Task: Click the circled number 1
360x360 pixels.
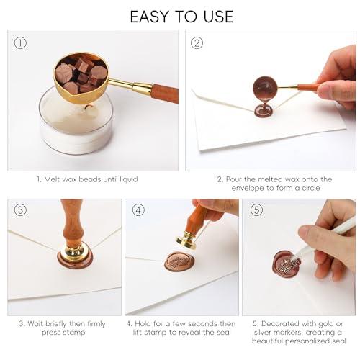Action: [20, 43]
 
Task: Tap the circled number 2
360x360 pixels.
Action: [197, 43]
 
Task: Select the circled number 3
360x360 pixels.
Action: [20, 210]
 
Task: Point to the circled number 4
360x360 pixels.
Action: [138, 210]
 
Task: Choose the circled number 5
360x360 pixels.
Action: [256, 210]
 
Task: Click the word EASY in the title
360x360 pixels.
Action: [150, 17]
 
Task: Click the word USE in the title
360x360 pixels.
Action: [218, 17]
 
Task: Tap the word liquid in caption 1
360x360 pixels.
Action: [129, 179]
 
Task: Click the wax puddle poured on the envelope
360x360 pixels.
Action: [264, 111]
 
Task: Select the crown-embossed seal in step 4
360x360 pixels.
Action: [179, 262]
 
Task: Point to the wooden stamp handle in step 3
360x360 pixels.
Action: [72, 222]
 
